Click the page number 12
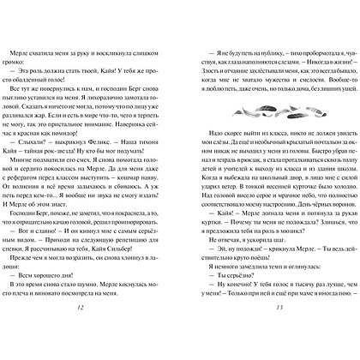click(x=102, y=333)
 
